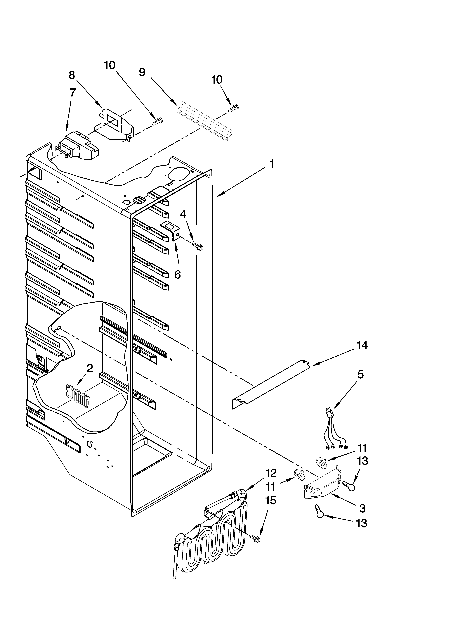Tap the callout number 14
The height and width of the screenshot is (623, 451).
[x=362, y=346]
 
